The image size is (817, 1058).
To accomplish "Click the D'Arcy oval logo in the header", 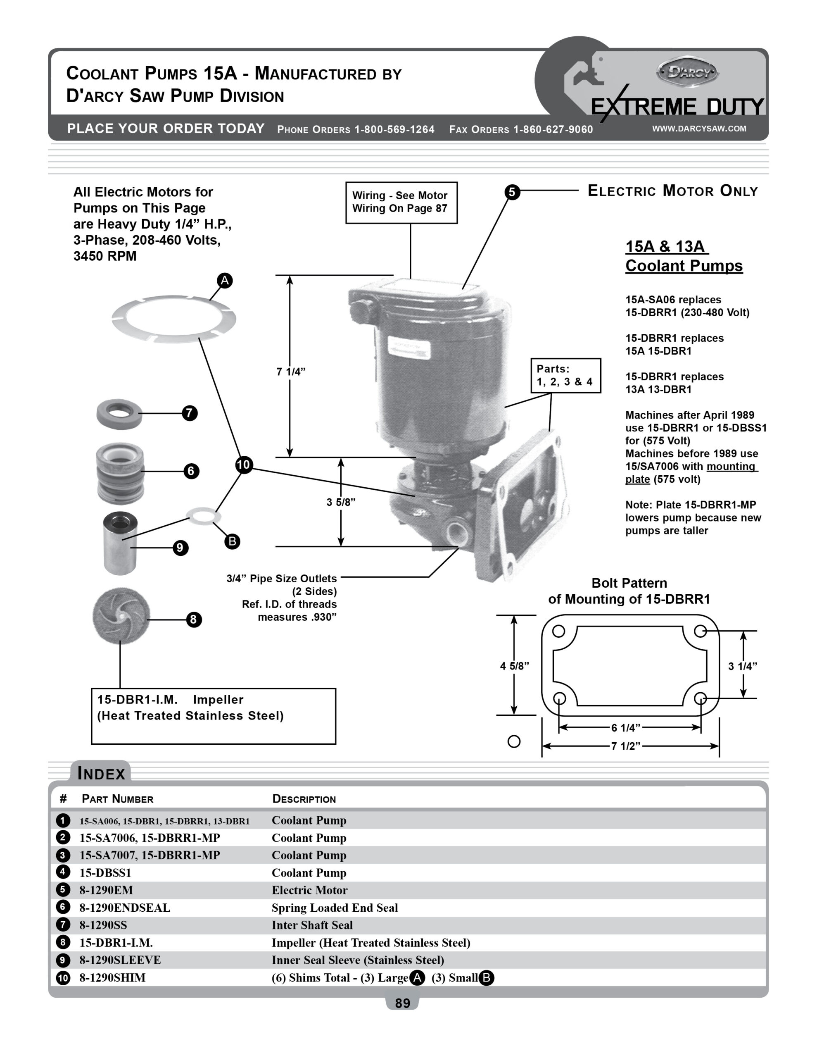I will pyautogui.click(x=687, y=73).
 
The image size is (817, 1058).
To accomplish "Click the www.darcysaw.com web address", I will pyautogui.click(x=699, y=129).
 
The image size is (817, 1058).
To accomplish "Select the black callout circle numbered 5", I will pyautogui.click(x=512, y=192).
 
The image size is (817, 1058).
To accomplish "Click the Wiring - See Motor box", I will pyautogui.click(x=401, y=203).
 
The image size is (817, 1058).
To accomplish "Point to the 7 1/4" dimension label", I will pyautogui.click(x=290, y=372).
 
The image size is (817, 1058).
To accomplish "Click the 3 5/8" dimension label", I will pyautogui.click(x=340, y=502).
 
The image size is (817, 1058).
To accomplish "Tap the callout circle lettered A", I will pyautogui.click(x=225, y=281).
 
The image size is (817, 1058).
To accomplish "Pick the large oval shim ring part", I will pyautogui.click(x=173, y=319).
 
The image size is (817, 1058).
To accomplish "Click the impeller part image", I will pyautogui.click(x=121, y=616).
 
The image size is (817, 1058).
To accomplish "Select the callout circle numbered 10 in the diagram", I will pyautogui.click(x=244, y=465).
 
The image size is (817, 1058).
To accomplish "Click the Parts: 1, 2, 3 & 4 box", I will pyautogui.click(x=565, y=375).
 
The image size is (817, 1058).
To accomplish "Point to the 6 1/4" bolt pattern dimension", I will pyautogui.click(x=625, y=728).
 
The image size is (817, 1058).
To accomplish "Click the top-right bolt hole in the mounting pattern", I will pyautogui.click(x=700, y=631).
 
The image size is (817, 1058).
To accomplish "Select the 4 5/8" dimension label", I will pyautogui.click(x=514, y=666).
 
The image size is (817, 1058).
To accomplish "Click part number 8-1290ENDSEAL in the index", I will pyautogui.click(x=125, y=908).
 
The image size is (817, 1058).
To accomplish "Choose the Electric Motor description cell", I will pyautogui.click(x=309, y=890).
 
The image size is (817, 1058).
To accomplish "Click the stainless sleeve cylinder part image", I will pyautogui.click(x=120, y=543).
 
